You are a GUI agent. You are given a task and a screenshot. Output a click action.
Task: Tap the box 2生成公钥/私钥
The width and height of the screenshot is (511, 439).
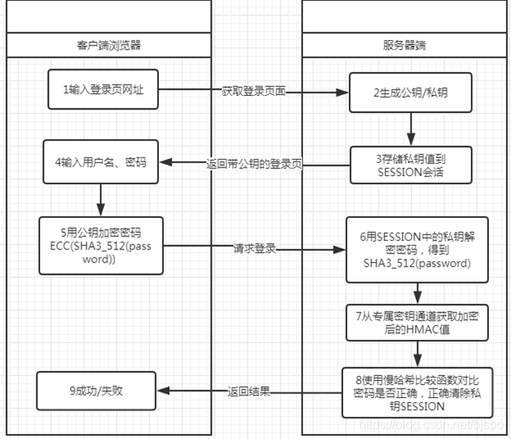pos(410,92)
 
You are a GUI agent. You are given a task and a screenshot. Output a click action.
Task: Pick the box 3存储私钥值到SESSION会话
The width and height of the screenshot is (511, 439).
pos(410,164)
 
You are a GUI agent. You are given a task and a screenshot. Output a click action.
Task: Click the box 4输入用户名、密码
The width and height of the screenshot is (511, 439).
pos(102,163)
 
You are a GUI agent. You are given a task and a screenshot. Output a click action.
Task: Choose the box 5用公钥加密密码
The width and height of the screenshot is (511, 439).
pos(101,245)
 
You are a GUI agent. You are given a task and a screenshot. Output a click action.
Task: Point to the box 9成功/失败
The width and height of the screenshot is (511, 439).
pos(100,391)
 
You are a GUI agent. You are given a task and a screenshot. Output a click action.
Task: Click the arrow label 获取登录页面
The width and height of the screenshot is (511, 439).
pos(254,92)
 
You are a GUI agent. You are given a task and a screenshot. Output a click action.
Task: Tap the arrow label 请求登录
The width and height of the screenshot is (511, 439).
pos(254,249)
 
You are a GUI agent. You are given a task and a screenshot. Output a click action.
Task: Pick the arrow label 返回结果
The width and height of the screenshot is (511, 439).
pos(249,391)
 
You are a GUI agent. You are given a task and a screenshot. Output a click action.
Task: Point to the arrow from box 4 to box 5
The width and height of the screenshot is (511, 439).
pos(102,199)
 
